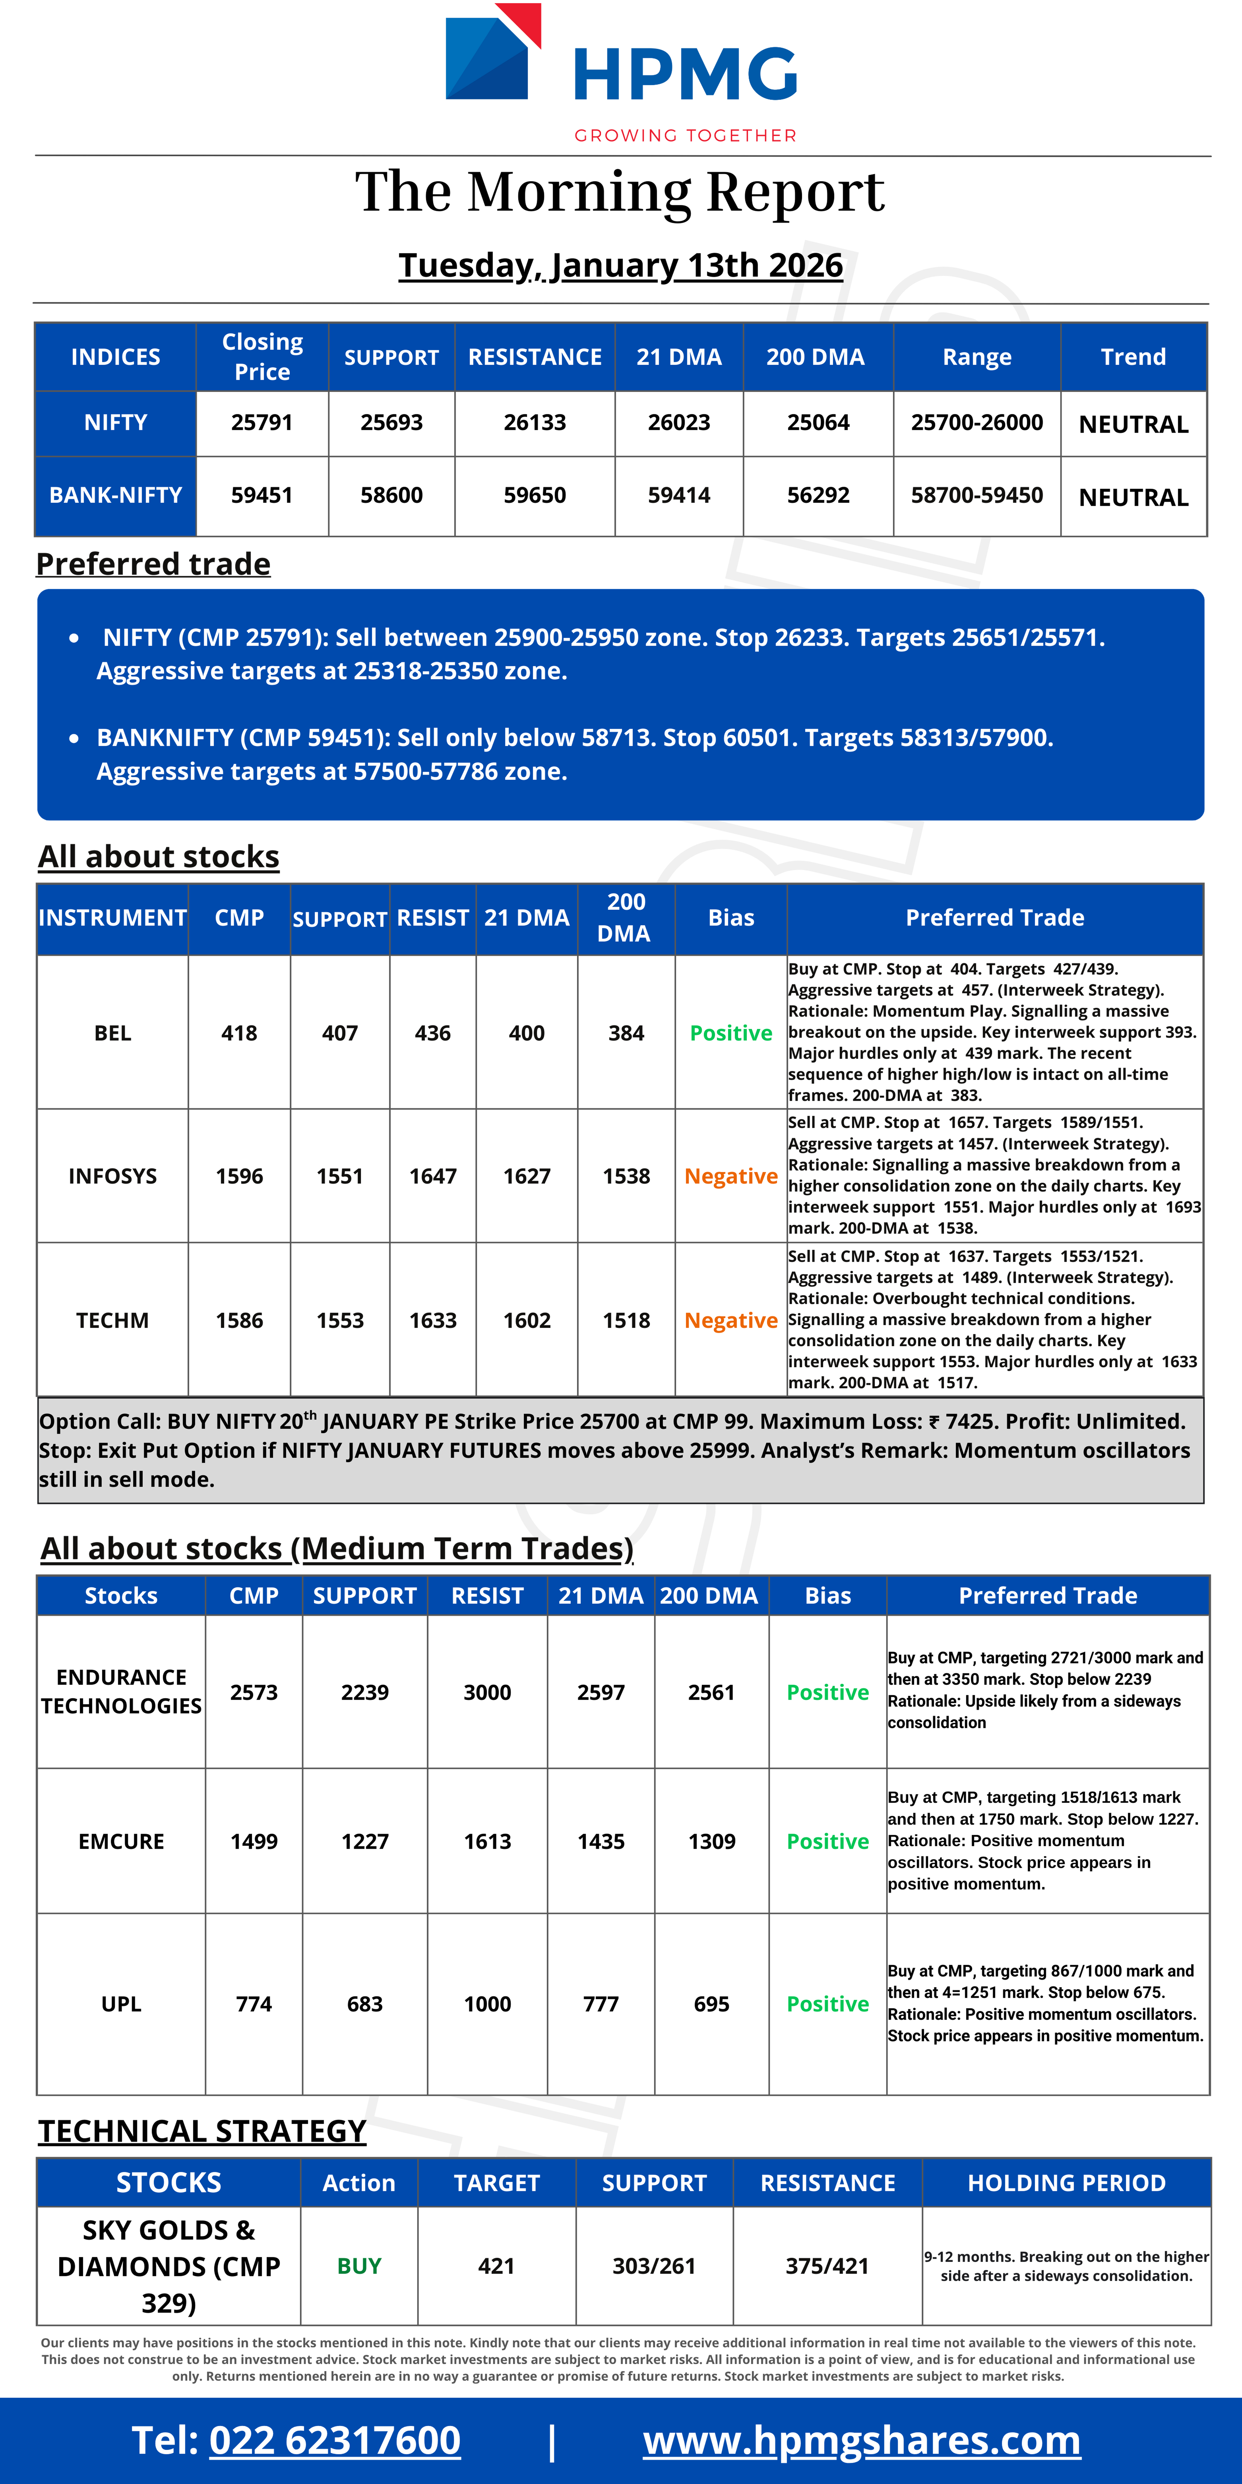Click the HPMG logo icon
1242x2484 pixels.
[492, 53]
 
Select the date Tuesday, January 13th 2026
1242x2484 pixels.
[620, 265]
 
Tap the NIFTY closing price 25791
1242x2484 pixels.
[261, 422]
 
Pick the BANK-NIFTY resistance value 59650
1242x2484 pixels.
[534, 496]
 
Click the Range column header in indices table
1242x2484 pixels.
[977, 357]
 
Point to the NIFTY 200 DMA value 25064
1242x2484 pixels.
[818, 422]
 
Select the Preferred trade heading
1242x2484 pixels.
[153, 564]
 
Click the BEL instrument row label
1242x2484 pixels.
[113, 1033]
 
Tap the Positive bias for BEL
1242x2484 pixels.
[731, 1033]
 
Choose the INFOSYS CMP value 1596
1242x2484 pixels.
[239, 1177]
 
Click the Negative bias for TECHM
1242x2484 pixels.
[731, 1320]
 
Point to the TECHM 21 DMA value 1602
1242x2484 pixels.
[526, 1320]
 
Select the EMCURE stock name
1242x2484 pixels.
[122, 1842]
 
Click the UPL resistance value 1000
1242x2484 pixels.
[487, 2004]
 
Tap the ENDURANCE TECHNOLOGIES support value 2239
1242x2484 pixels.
[365, 1692]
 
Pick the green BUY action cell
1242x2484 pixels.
[359, 2266]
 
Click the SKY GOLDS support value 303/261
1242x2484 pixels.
[654, 2266]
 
